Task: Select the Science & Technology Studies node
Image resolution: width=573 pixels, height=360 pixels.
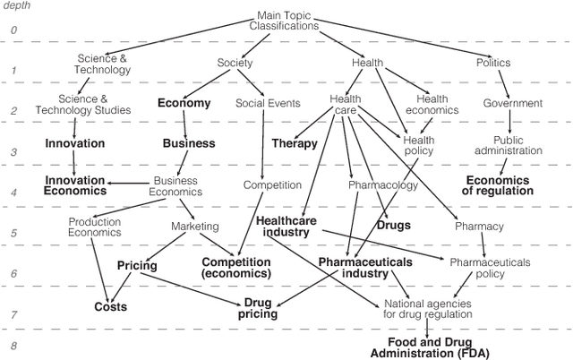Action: click(x=95, y=104)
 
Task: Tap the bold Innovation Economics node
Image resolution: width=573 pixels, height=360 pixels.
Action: click(x=75, y=185)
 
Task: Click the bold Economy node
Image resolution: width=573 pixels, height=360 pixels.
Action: click(x=184, y=103)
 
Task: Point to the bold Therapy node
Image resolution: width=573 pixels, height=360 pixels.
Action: click(x=295, y=143)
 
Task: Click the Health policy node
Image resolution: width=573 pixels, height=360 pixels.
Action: click(x=418, y=145)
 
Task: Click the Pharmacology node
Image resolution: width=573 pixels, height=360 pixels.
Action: click(x=383, y=185)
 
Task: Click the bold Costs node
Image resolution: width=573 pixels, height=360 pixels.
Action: click(x=111, y=307)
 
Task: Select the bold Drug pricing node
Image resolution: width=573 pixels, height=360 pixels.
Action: click(x=257, y=309)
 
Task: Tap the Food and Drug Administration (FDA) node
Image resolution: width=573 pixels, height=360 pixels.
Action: click(x=425, y=347)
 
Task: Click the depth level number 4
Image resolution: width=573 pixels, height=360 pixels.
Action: click(x=13, y=192)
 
